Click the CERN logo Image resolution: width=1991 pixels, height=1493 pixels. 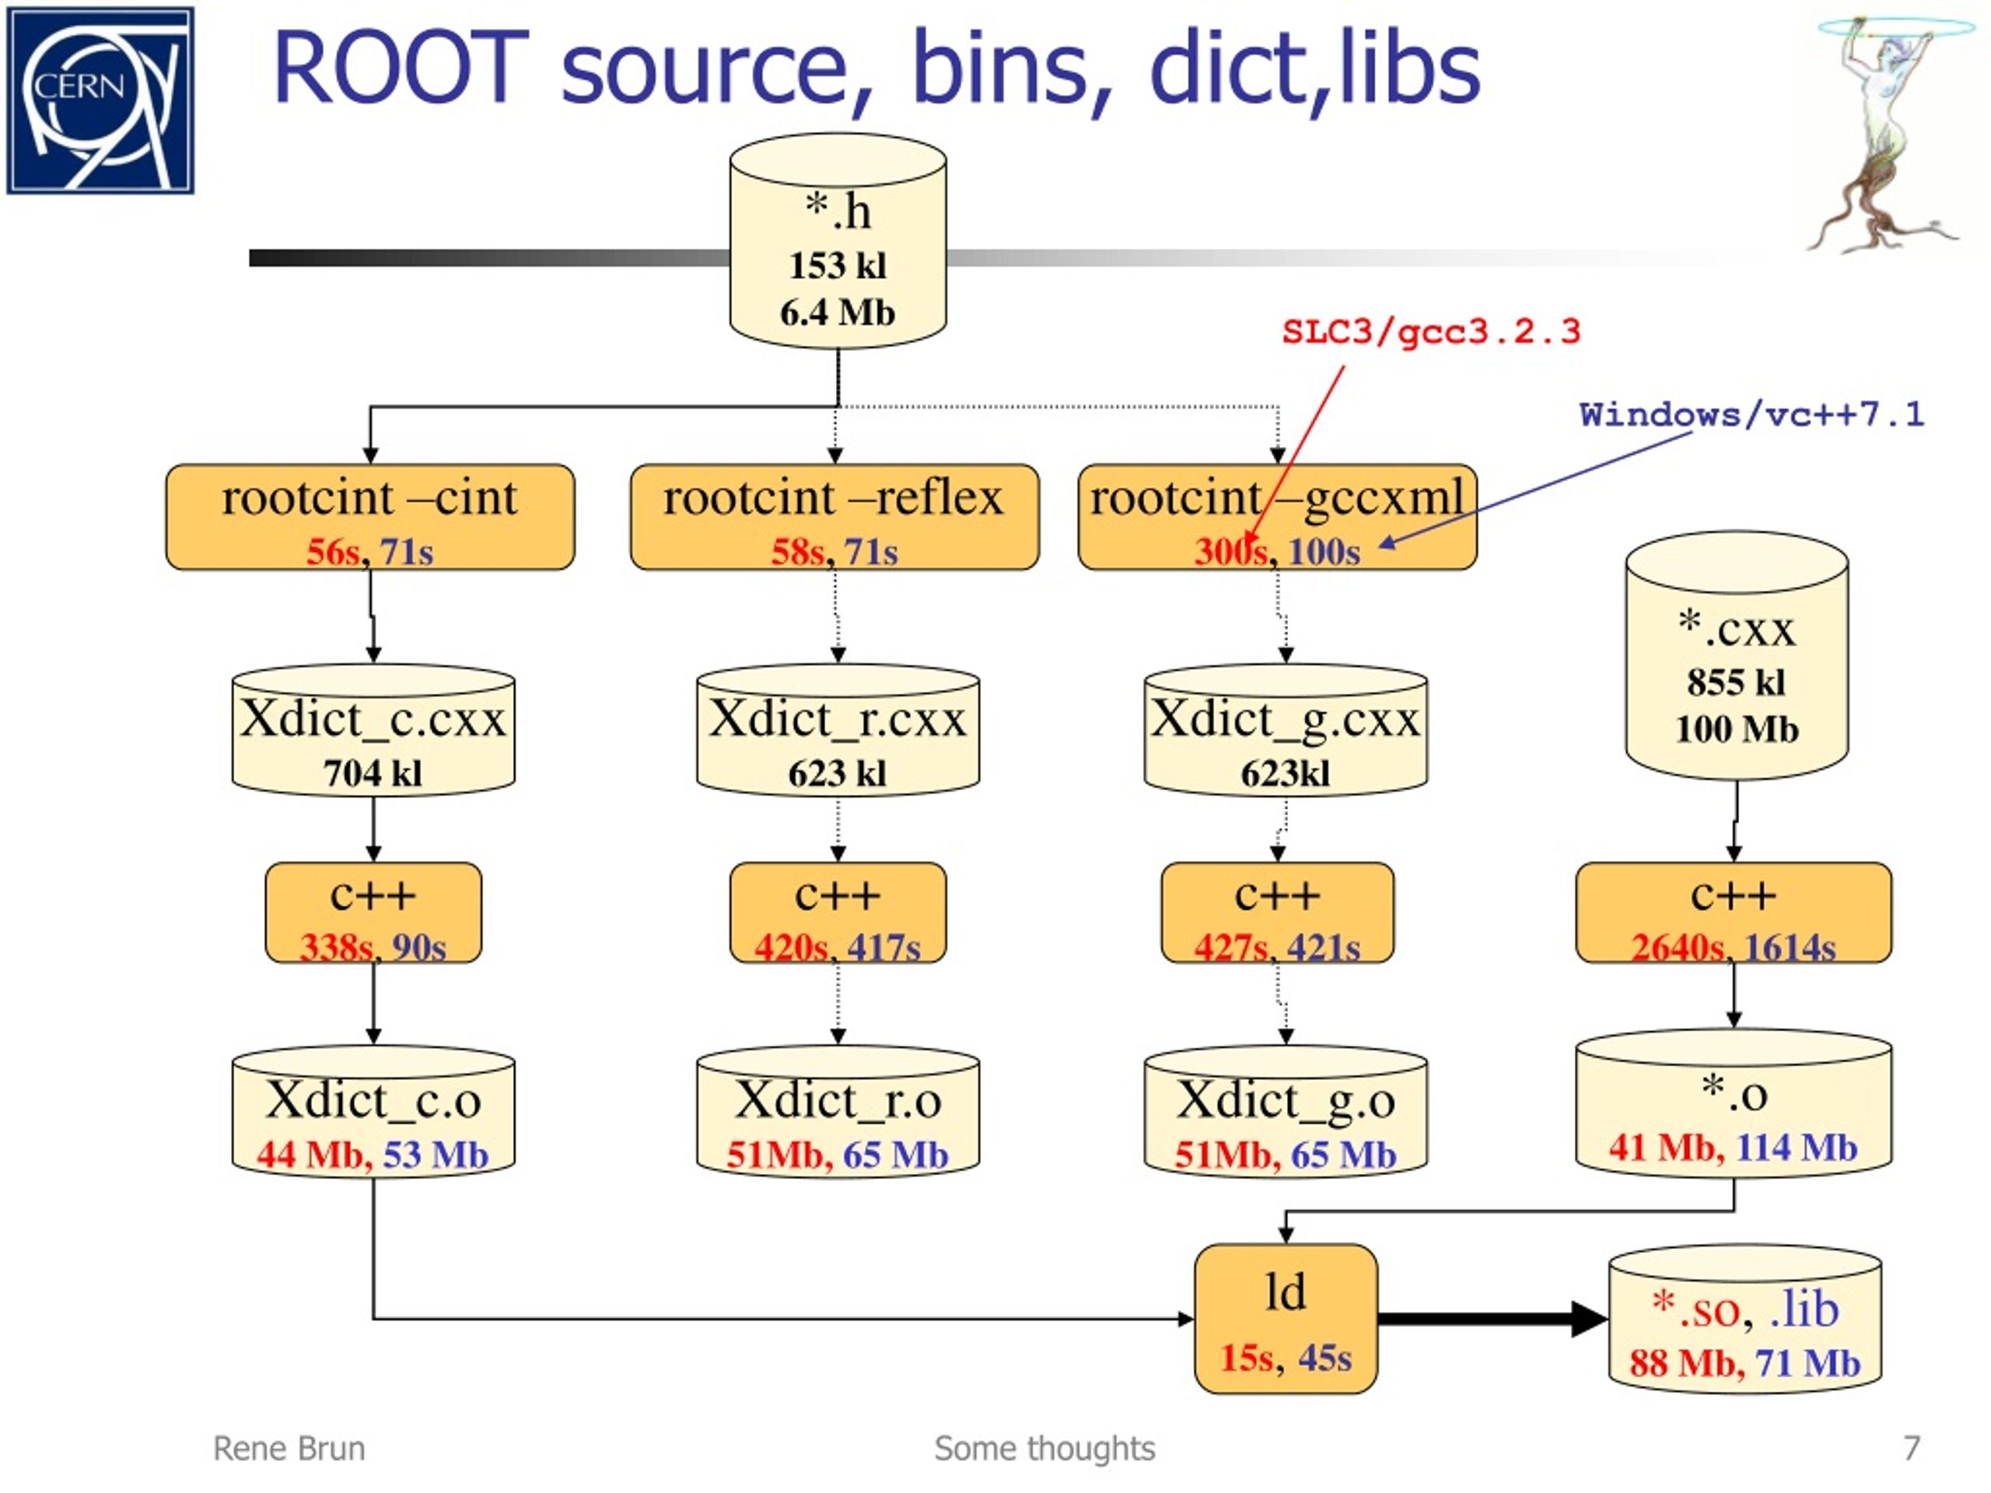pos(100,100)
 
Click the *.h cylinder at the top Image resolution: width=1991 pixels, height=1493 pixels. pos(838,241)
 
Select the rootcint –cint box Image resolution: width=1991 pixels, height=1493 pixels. pos(370,517)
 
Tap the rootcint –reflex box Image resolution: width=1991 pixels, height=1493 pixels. pos(835,517)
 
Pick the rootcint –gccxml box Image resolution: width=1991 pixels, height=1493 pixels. pos(1277,517)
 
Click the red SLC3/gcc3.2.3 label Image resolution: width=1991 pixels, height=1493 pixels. pos(1431,332)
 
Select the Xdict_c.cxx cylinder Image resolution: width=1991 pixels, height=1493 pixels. pos(373,731)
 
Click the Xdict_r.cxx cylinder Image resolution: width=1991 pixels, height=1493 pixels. pos(838,731)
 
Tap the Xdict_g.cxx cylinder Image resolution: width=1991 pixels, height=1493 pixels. pos(1286,731)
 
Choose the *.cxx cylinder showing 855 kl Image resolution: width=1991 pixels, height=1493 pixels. pos(1737,656)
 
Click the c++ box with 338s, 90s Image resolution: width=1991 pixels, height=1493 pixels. pos(373,913)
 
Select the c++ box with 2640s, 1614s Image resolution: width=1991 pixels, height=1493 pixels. pos(1734,913)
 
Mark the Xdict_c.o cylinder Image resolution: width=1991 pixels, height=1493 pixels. pos(373,1111)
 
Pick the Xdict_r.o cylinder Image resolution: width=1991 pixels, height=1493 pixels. pos(838,1111)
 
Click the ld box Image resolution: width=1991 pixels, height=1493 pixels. pos(1286,1318)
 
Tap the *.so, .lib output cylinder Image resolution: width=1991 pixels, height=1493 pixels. pos(1745,1320)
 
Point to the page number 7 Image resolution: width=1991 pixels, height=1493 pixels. pos(1912,1448)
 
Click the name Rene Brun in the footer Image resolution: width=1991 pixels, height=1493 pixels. pos(289,1448)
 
